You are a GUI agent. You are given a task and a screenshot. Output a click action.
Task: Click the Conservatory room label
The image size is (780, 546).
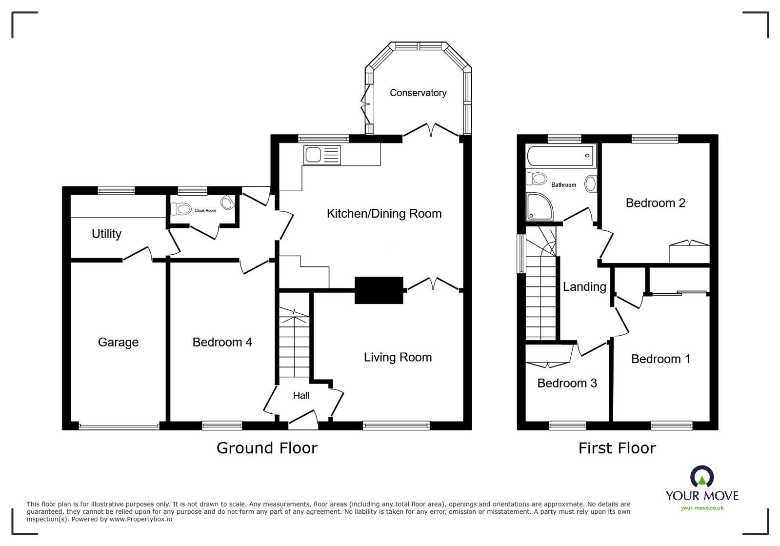418,93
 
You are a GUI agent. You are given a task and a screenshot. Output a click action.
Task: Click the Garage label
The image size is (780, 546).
118,342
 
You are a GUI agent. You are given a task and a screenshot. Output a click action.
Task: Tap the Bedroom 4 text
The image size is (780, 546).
222,342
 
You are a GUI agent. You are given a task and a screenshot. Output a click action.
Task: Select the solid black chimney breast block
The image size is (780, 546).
379,290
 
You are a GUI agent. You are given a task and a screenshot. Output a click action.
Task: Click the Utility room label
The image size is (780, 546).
106,234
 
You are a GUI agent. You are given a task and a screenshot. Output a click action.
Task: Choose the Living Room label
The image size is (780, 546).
398,357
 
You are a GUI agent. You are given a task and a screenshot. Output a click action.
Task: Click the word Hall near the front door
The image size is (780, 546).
301,395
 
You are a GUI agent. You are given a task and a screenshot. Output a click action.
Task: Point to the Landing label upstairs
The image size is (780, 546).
584,286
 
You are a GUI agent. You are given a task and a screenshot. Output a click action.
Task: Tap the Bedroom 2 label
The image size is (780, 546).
655,202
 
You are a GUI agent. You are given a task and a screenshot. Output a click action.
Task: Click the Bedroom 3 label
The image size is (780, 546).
567,383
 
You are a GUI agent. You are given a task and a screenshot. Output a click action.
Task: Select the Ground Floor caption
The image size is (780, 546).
267,447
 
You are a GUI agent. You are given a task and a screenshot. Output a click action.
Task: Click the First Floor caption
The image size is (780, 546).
617,447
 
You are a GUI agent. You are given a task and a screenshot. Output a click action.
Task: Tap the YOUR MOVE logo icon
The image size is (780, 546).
702,477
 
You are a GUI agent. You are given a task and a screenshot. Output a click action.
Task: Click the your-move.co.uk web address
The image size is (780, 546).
702,508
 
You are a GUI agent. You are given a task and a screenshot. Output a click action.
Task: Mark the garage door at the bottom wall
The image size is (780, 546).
119,427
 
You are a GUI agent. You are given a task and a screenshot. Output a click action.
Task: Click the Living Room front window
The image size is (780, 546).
396,426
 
